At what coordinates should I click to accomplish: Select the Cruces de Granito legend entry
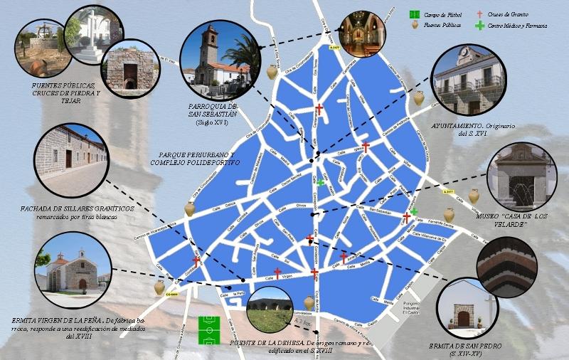click(x=509, y=14)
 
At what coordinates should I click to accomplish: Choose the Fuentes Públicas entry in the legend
click(x=442, y=26)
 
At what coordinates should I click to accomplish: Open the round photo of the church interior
click(x=363, y=33)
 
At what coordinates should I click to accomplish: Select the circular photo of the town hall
click(x=468, y=80)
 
